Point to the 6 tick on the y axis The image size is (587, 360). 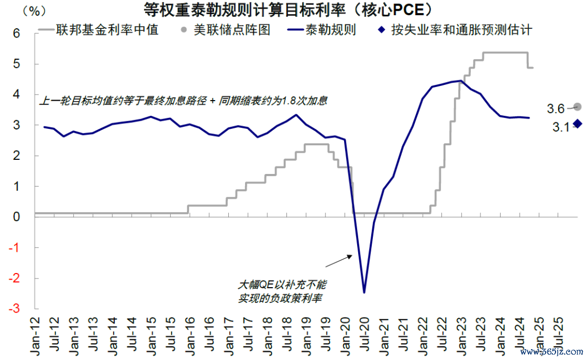coord(16,34)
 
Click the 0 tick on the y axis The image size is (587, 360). coord(16,217)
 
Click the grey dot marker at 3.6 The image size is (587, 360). coord(577,107)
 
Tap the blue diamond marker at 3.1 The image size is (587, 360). coord(577,124)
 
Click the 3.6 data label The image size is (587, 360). coord(555,109)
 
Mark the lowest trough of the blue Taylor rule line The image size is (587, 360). coord(364,293)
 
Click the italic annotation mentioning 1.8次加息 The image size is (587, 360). coord(185,101)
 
